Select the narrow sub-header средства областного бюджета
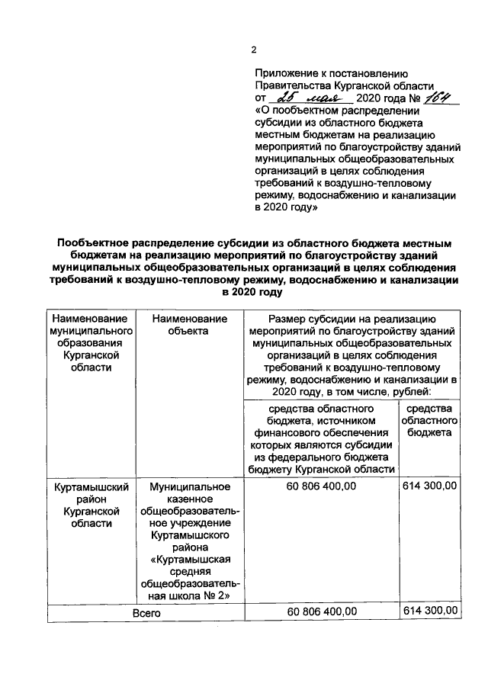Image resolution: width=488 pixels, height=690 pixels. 429,421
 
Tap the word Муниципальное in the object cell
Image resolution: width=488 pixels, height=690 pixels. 190,486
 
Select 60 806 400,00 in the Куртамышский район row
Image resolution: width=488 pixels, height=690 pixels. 320,486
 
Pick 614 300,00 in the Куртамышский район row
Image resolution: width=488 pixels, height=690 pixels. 429,486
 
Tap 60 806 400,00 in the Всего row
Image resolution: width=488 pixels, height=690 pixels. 320,612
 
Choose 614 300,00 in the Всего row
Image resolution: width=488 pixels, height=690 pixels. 429,611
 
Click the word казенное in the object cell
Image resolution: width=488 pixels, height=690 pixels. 190,499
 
